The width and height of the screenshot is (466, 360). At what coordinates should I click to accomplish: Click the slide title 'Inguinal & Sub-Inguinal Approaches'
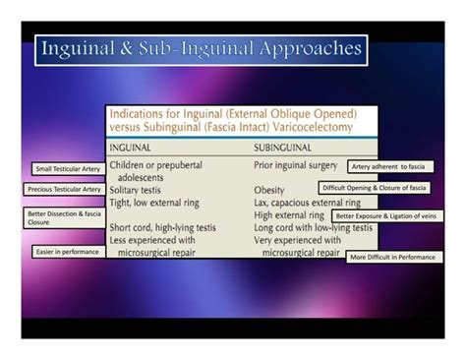pos(201,48)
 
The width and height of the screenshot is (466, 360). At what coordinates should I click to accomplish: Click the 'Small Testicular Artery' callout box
pos(66,169)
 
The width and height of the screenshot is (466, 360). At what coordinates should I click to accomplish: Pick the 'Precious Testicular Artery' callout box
pos(65,189)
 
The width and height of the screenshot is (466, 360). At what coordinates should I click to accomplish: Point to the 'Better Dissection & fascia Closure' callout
pos(64,216)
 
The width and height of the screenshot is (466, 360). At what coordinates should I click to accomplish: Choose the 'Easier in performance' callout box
pos(66,252)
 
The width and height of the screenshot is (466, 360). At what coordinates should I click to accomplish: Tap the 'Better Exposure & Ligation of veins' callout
pos(386,215)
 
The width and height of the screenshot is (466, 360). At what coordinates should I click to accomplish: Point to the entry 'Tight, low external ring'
pos(162,202)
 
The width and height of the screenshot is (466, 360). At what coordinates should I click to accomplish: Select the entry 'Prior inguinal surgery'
pos(296,165)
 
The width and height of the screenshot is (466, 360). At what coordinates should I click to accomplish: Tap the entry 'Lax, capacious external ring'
pos(308,202)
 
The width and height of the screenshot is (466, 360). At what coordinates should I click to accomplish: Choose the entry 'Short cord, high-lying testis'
pos(163,227)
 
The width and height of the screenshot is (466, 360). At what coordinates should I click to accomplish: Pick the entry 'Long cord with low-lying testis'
pos(313,227)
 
